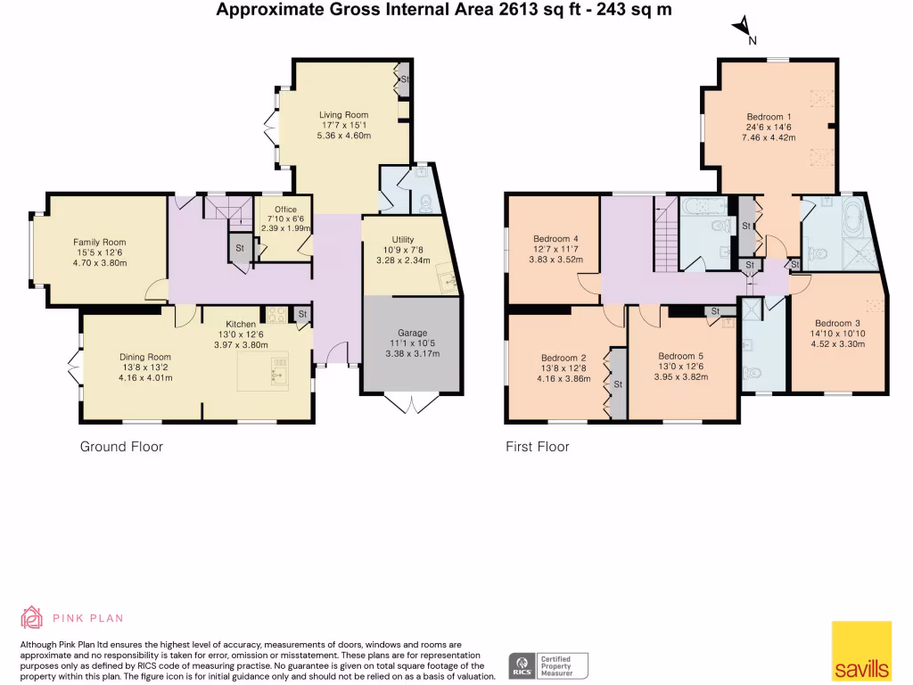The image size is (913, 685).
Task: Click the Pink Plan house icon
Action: pyautogui.click(x=31, y=617)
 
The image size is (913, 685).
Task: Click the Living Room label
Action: pyautogui.click(x=344, y=115)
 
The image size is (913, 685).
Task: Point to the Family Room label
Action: pyautogui.click(x=99, y=243)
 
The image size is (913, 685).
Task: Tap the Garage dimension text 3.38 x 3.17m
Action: pyautogui.click(x=412, y=353)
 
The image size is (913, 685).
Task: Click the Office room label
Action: pyautogui.click(x=285, y=210)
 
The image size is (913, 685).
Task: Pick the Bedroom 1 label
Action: pyautogui.click(x=769, y=117)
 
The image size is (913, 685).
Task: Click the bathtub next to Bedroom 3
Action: pyautogui.click(x=843, y=218)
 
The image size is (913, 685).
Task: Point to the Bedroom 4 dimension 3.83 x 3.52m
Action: pyautogui.click(x=557, y=260)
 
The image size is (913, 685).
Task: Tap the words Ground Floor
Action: pyautogui.click(x=121, y=446)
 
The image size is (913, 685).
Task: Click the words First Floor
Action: pyautogui.click(x=537, y=446)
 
